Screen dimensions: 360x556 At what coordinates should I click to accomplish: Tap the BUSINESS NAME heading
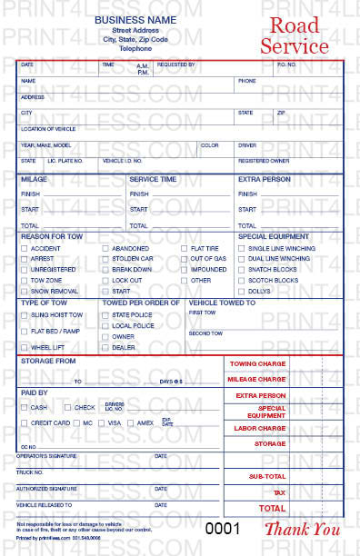pos(135,18)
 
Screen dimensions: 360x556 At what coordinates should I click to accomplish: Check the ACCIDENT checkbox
pos(24,248)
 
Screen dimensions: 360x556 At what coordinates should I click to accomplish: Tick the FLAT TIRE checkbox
pos(184,248)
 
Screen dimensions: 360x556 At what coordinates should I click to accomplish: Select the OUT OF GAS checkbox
pos(184,259)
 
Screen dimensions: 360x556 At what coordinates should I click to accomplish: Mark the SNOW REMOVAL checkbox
pos(24,292)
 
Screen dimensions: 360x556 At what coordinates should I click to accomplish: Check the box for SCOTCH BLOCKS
pos(241,281)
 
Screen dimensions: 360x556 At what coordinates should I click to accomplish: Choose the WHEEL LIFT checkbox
pos(24,347)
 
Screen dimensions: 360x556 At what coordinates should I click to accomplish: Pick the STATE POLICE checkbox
pos(105,314)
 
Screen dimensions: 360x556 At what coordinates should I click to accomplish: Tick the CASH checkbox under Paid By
pos(24,407)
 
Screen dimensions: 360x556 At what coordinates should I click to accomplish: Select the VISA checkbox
pos(101,422)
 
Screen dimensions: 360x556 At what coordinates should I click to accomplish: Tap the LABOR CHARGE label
pos(259,428)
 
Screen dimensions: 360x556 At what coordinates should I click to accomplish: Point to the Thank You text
pos(302,529)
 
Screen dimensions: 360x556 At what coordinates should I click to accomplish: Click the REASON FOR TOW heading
pos(51,236)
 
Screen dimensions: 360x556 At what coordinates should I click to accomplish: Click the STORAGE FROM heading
pos(47,361)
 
